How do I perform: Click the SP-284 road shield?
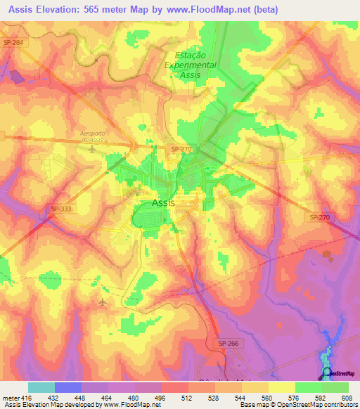[13, 43]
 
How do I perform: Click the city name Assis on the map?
[163, 203]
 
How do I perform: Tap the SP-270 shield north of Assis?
[181, 150]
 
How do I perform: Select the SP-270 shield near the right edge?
[319, 218]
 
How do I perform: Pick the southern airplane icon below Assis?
[103, 302]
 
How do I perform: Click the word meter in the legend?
[9, 397]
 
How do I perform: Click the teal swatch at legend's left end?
[41, 387]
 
